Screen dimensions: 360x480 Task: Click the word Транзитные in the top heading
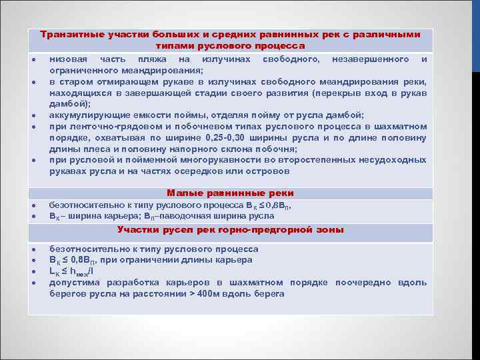(67, 34)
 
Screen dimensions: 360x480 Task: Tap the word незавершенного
(371, 59)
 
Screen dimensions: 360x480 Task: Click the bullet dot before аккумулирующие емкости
(33, 115)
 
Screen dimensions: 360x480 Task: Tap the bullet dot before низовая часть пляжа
(33, 60)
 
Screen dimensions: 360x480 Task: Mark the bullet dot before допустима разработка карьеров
(33, 283)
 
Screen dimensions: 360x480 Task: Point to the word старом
(74, 81)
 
